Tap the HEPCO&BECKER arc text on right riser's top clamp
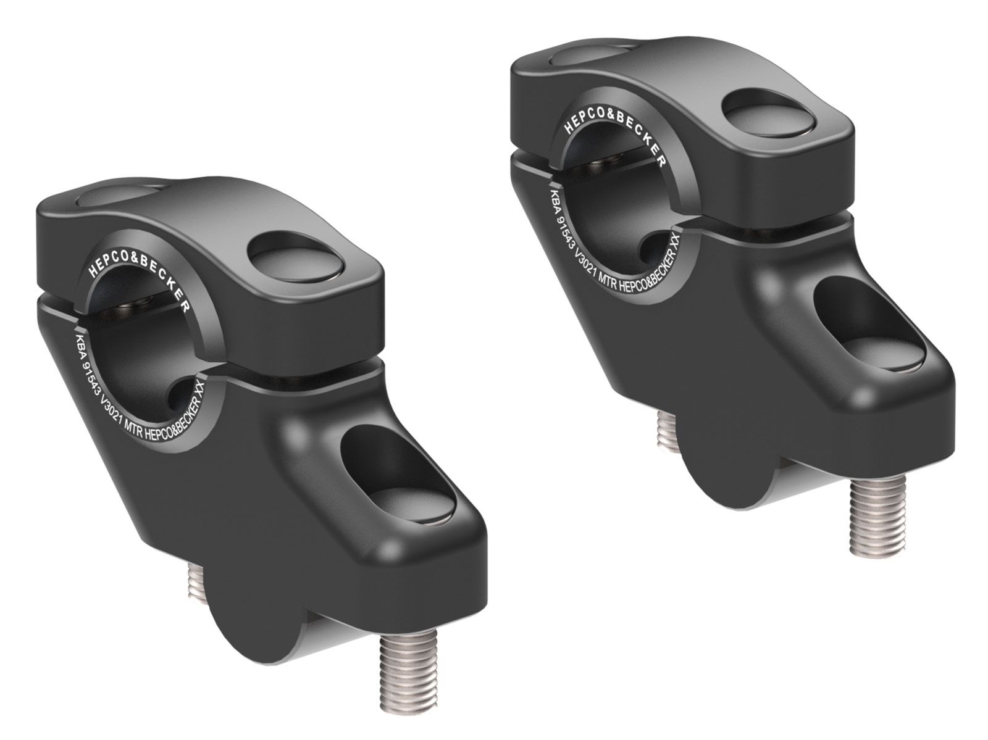click(611, 127)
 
